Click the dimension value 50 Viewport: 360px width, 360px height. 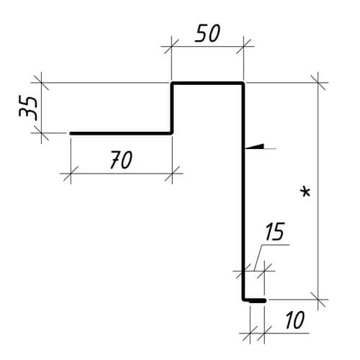tap(207, 33)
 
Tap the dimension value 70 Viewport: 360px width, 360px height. tap(121, 160)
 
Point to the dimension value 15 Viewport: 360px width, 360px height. tap(275, 231)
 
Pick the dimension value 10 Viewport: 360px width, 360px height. tap(295, 320)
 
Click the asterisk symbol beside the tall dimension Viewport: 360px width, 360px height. tap(305, 192)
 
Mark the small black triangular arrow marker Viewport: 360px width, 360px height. tap(255, 146)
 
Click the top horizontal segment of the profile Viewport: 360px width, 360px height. tap(207, 84)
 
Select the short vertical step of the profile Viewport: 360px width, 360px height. tap(172, 108)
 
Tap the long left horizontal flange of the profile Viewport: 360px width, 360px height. tap(121, 133)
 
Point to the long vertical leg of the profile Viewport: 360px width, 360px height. tap(243, 192)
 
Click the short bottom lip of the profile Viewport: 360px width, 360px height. tap(254, 300)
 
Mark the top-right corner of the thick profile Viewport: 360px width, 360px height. tap(243, 83)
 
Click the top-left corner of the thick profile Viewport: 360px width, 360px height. tap(172, 83)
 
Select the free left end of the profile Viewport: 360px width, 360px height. tap(71, 133)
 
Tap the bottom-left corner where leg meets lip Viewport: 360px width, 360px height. tap(243, 300)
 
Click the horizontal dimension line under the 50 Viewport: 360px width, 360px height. tap(207, 46)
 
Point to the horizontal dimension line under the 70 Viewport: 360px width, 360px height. tap(122, 174)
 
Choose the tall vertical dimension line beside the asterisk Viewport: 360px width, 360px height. tap(318, 191)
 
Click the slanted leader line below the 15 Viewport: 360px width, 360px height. tap(258, 258)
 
